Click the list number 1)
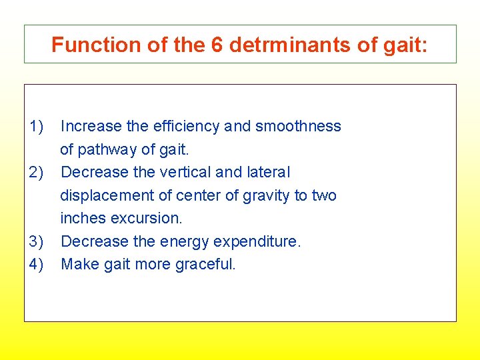36,126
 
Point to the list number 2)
36,172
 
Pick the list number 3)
36,241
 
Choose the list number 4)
36,264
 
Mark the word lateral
268,172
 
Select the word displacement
104,195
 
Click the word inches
82,218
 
